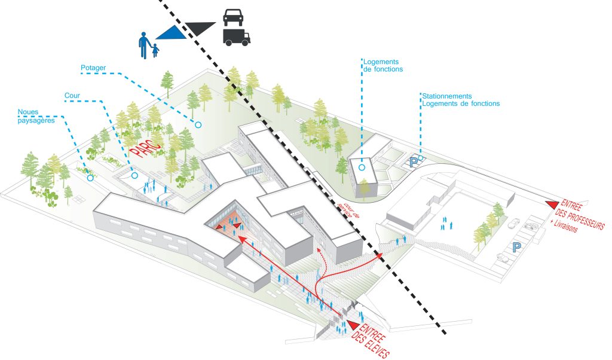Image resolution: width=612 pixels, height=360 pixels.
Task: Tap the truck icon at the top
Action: click(x=236, y=36)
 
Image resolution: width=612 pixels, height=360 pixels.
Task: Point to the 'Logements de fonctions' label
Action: click(x=382, y=65)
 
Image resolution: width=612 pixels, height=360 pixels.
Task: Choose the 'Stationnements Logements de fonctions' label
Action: click(x=460, y=99)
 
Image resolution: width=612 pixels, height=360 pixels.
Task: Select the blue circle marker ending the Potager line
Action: click(x=197, y=125)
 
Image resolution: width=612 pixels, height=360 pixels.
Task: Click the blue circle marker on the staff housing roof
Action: click(x=362, y=168)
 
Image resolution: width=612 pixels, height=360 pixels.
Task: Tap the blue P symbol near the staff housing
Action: click(x=414, y=161)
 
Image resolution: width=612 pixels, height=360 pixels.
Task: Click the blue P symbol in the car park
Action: click(x=515, y=246)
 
